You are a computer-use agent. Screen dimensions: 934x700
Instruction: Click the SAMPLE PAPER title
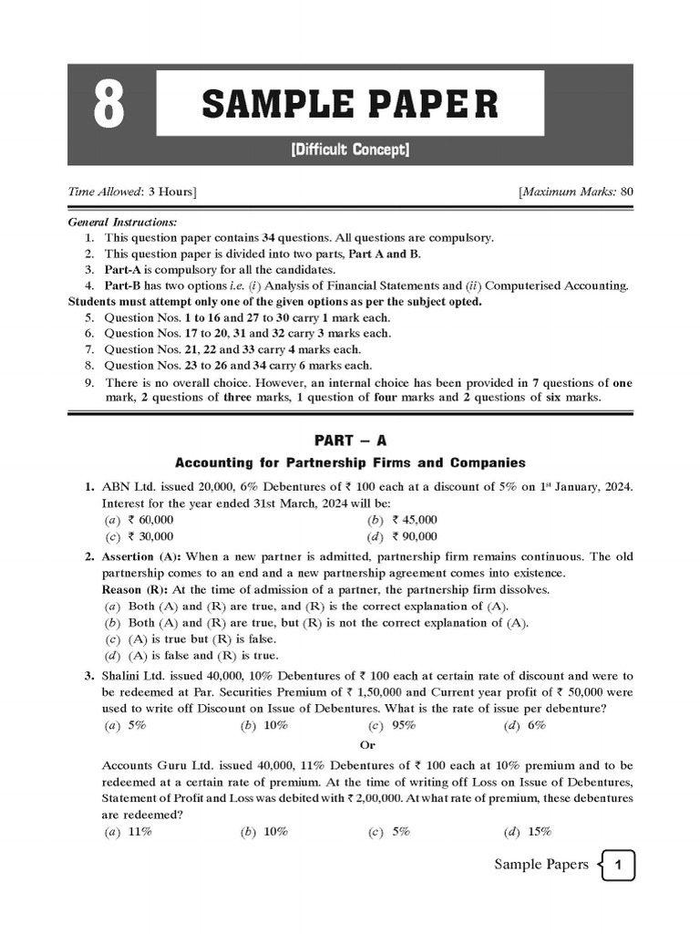pyautogui.click(x=350, y=105)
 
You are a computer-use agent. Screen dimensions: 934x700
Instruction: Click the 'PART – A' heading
pyautogui.click(x=350, y=441)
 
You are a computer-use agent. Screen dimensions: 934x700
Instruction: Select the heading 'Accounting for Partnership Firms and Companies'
pyautogui.click(x=350, y=462)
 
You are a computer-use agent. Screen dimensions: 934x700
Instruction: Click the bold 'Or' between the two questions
pyautogui.click(x=350, y=745)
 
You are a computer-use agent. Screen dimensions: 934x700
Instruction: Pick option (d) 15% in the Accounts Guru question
pyautogui.click(x=528, y=831)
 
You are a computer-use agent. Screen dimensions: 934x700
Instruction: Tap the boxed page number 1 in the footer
pyautogui.click(x=618, y=866)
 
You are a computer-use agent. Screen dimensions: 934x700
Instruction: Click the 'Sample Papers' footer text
pyautogui.click(x=541, y=865)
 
